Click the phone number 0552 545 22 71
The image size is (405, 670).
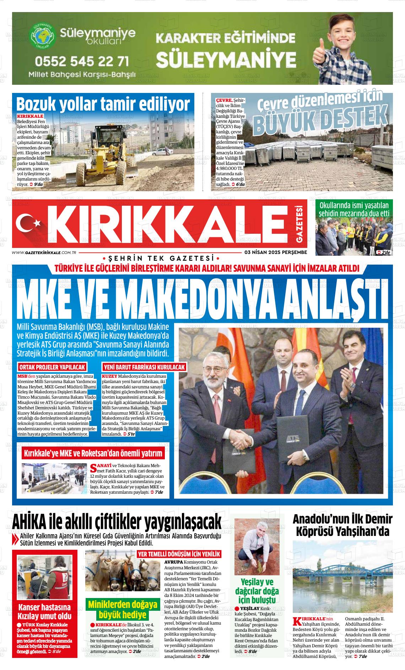pyautogui.click(x=82, y=61)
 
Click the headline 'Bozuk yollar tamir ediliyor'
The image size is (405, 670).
pyautogui.click(x=103, y=104)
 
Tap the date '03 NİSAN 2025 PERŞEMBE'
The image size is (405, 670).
pyautogui.click(x=275, y=253)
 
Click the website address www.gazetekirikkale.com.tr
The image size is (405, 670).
pyautogui.click(x=44, y=253)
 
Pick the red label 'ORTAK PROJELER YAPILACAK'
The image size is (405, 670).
pyautogui.click(x=52, y=367)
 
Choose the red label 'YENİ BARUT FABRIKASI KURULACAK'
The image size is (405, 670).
pyautogui.click(x=144, y=367)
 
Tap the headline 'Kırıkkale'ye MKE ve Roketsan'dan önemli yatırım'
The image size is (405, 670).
pyautogui.click(x=93, y=453)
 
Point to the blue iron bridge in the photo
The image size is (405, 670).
pyautogui.click(x=342, y=570)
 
